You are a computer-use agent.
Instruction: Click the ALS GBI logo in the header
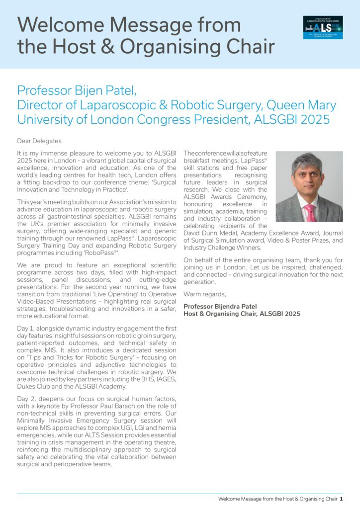pyautogui.click(x=323, y=27)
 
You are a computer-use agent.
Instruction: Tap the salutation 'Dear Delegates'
pyautogui.click(x=39, y=141)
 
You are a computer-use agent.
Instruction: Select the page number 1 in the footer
pyautogui.click(x=342, y=499)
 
